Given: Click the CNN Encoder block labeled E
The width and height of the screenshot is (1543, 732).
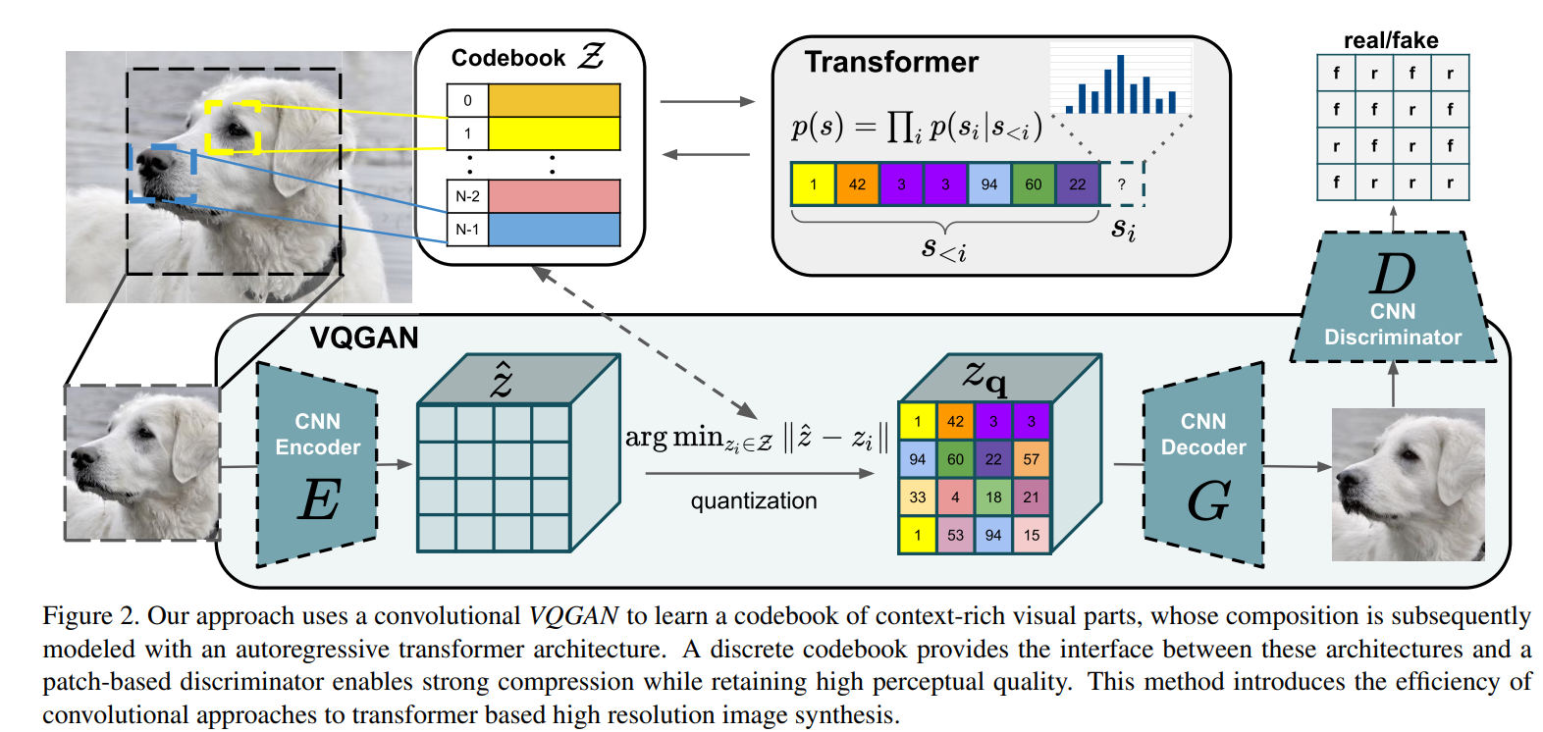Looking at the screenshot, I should coord(317,464).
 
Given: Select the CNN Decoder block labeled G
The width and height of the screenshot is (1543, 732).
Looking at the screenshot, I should coord(1203,464).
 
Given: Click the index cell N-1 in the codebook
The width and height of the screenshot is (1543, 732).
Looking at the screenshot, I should coord(467,230).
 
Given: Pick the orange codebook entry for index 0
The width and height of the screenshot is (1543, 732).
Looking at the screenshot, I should coord(554,100).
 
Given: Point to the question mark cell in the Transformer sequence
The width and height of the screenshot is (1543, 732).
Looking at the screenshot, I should coord(1122,183).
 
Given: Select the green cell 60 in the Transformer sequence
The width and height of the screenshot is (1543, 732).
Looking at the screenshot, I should coord(1033,183).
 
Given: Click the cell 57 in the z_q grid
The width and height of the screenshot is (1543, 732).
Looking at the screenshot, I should coord(1031,459).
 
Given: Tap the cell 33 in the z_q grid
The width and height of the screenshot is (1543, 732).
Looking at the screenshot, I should coord(917,497).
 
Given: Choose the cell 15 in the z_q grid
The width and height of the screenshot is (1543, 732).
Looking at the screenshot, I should coord(1031,536).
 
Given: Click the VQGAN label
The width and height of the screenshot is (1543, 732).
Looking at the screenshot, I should coord(364,339).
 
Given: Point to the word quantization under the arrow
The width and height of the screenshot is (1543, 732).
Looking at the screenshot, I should coord(753,501).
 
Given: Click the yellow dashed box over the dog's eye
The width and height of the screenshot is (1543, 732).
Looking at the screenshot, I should coord(233,127).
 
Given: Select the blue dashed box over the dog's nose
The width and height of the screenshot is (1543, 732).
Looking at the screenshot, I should coord(162,174).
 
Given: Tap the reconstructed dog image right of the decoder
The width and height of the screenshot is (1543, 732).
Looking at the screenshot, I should coord(1407,485).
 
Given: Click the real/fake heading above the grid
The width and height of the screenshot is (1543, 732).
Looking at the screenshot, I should coord(1391,40).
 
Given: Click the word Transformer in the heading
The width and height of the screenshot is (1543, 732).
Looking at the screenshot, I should coord(891,63).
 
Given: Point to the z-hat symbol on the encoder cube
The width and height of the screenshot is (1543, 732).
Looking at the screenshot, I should coord(502,380).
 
